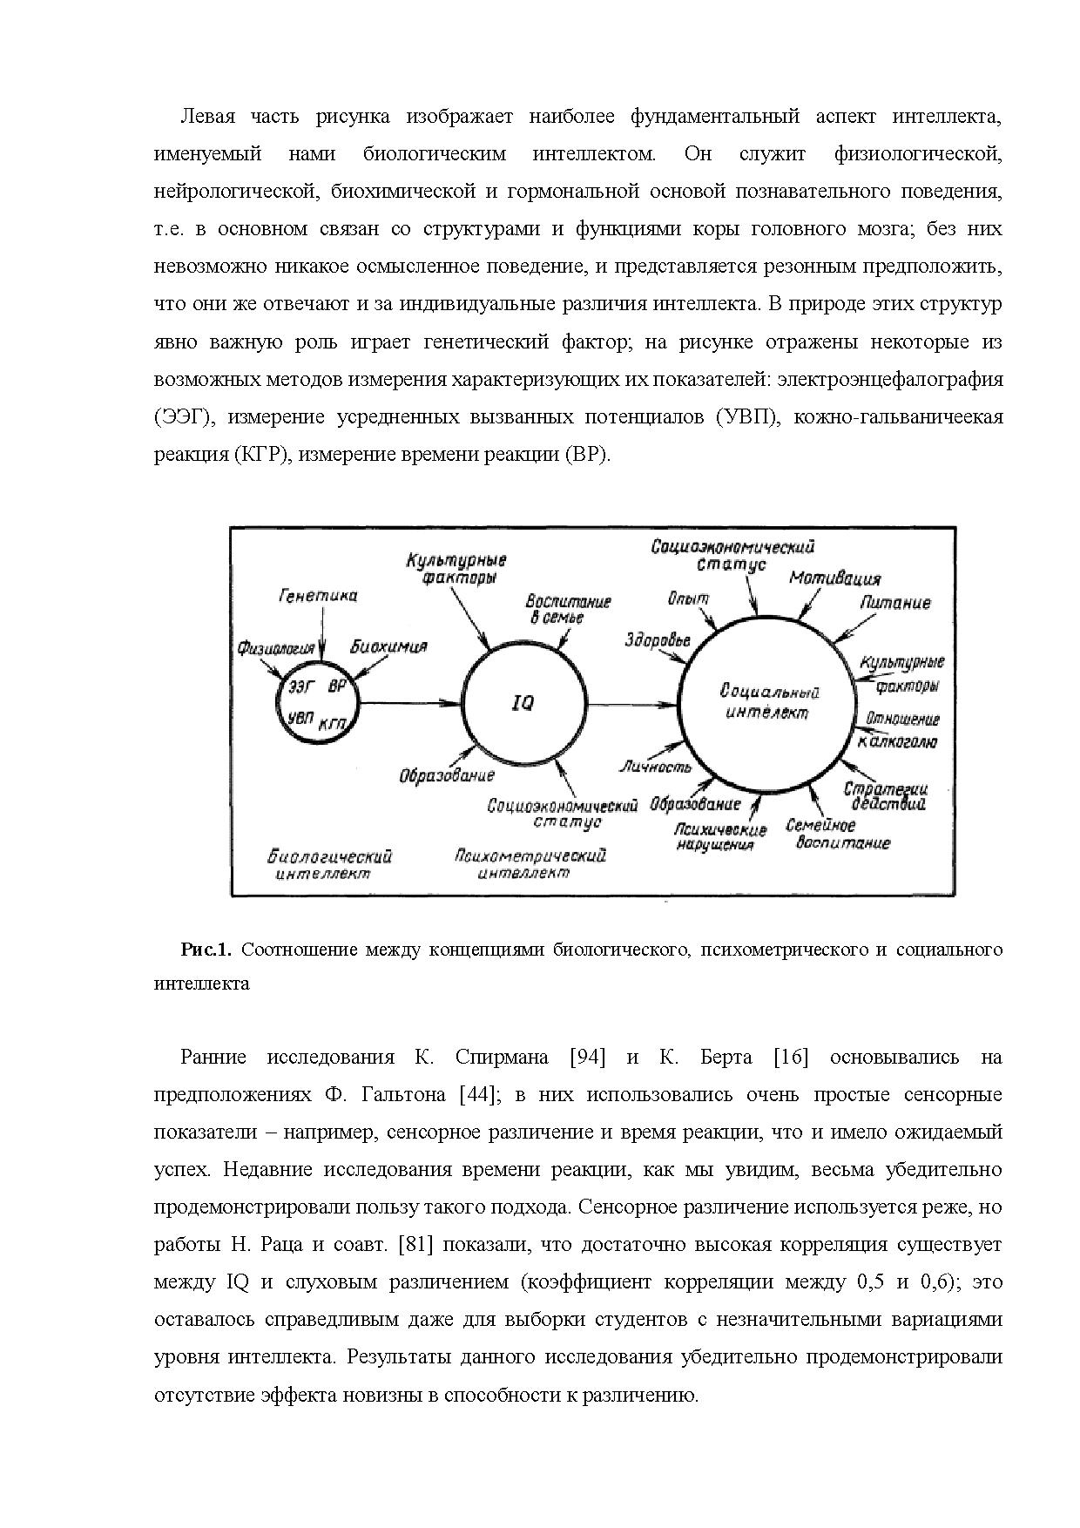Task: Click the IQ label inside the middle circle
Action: [523, 702]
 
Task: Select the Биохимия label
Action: [388, 647]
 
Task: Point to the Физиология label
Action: [276, 648]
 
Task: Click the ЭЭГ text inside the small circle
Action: [301, 686]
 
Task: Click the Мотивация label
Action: [834, 578]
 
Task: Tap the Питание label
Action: [894, 603]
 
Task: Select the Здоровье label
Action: [657, 640]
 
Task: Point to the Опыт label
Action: [688, 598]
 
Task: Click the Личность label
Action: [654, 767]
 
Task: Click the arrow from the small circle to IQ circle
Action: [409, 703]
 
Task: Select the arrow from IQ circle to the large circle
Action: [633, 703]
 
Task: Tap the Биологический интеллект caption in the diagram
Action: [329, 864]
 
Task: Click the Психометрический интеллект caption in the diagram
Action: [530, 864]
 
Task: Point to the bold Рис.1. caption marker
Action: [206, 950]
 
